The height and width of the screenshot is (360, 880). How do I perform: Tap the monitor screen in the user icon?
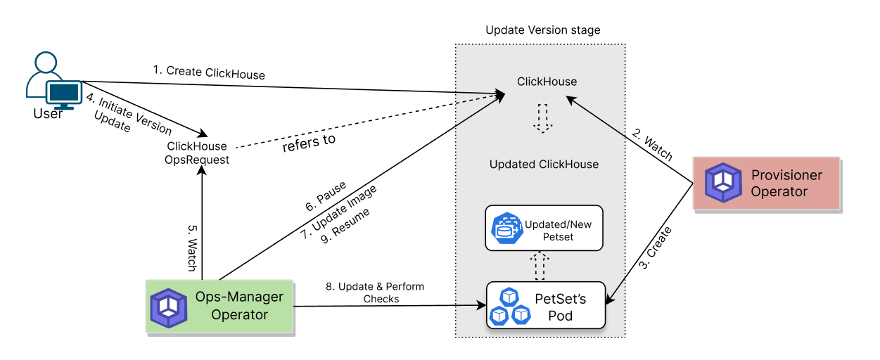click(64, 92)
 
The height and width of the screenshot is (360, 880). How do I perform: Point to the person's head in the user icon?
click(45, 63)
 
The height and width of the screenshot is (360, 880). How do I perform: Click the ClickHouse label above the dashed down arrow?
click(547, 82)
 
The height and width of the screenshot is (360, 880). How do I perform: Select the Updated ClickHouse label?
click(544, 165)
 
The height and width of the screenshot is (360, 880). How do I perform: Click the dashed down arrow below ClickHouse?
click(542, 118)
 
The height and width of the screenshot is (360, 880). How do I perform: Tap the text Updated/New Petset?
click(558, 231)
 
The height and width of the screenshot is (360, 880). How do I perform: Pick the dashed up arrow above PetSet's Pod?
click(540, 265)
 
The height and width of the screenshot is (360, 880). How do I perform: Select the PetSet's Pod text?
click(560, 307)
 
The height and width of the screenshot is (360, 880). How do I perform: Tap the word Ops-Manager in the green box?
click(239, 297)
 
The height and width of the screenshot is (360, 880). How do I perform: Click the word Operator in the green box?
click(239, 314)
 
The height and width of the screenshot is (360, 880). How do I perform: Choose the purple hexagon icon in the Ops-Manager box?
click(169, 307)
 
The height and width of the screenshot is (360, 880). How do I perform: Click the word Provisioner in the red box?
click(786, 175)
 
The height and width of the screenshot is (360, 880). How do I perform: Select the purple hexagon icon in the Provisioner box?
click(723, 183)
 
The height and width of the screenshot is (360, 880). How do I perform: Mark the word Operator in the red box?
click(779, 191)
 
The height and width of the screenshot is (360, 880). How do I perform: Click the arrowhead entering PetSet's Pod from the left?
click(482, 305)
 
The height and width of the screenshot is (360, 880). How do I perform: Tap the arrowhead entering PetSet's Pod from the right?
click(610, 300)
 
